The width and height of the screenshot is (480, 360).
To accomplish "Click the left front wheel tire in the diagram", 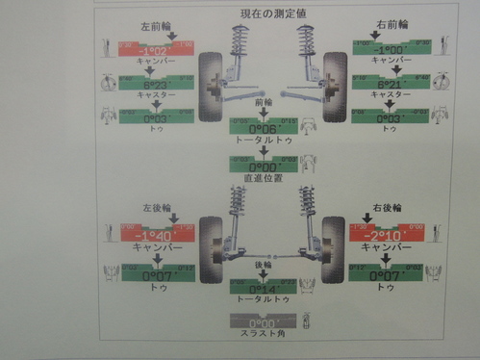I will (209, 86).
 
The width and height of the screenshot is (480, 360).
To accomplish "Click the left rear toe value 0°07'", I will (158, 275).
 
